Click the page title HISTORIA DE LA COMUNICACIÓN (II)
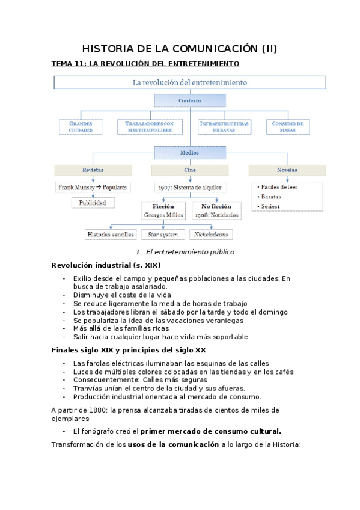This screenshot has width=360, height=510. [180, 49]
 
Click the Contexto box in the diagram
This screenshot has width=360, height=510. [189, 101]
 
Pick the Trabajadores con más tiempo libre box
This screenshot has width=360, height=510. [153, 126]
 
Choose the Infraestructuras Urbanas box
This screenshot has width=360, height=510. [224, 126]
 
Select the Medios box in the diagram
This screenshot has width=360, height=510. [189, 153]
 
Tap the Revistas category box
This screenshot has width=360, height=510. [93, 170]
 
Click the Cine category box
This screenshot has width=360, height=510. [189, 170]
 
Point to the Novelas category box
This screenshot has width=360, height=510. [286, 170]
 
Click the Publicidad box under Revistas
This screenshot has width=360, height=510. [93, 203]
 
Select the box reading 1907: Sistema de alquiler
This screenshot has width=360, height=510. [189, 187]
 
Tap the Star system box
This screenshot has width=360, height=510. [163, 234]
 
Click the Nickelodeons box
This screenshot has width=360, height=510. [212, 234]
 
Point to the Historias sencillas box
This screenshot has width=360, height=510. [111, 234]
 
